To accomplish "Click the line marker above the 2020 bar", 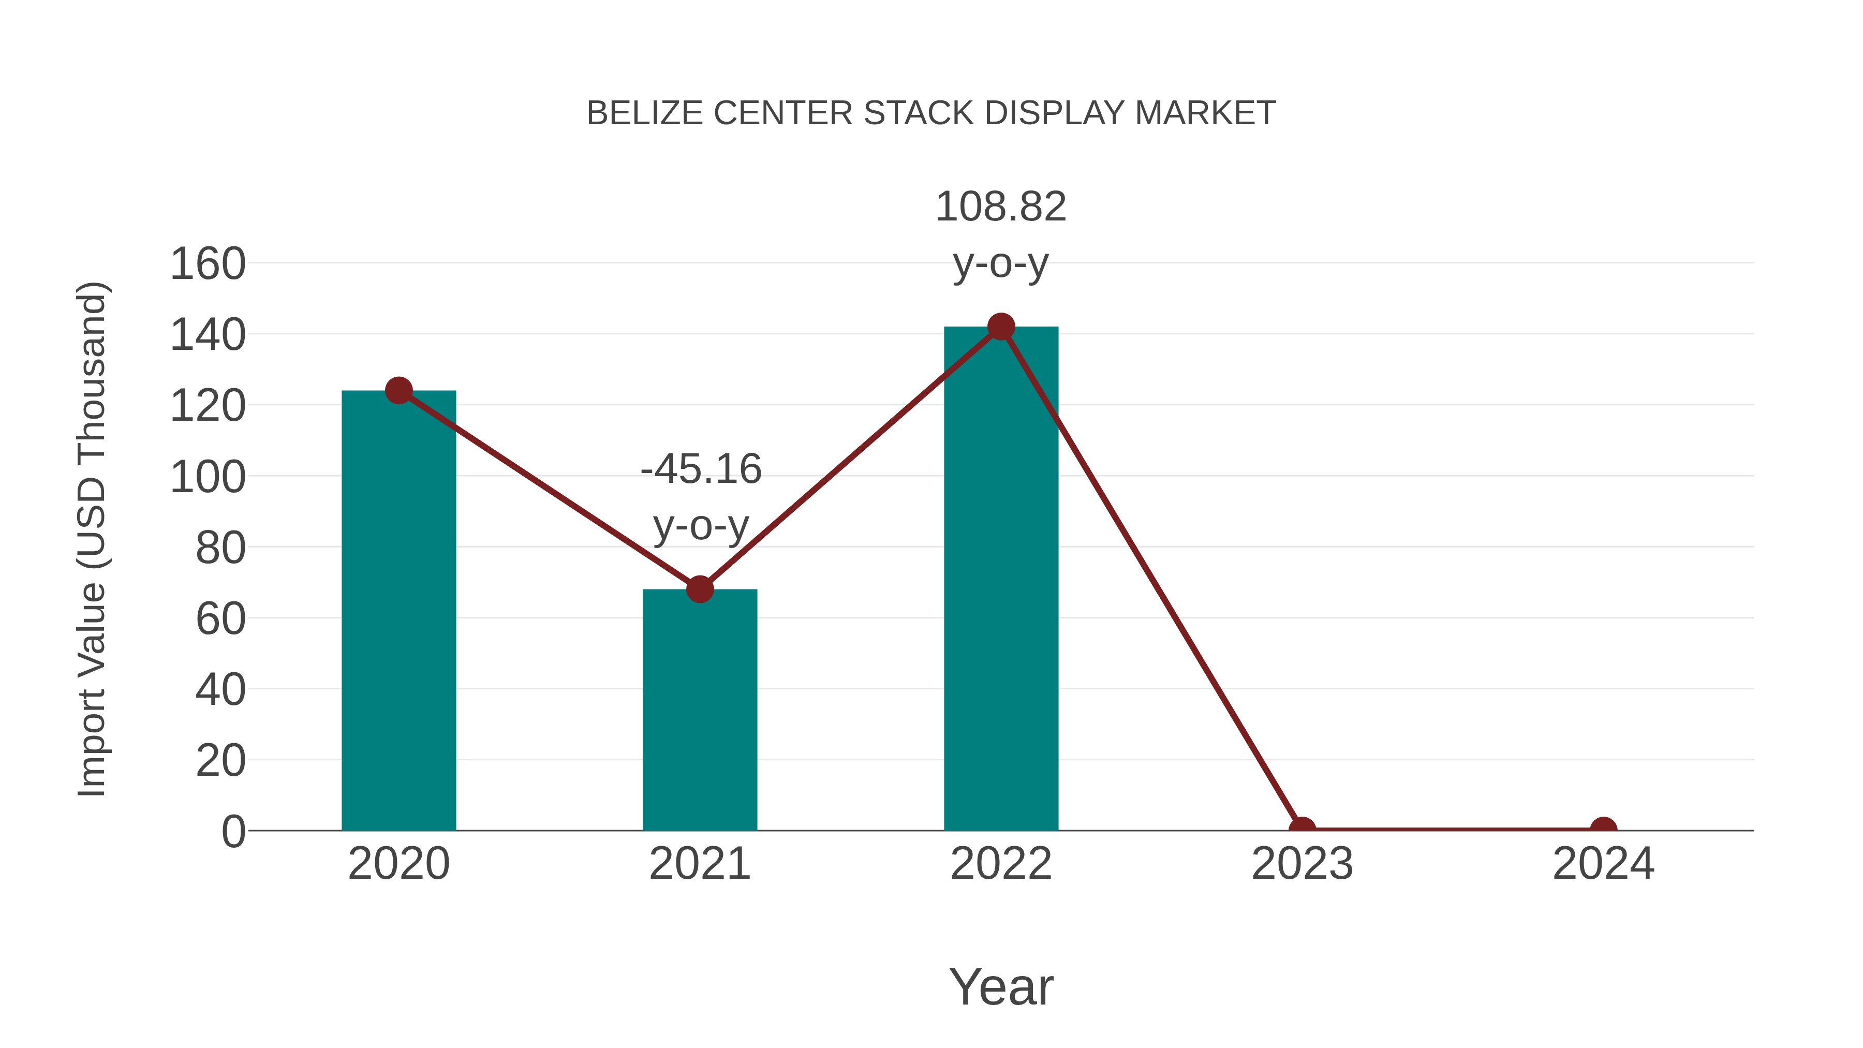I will pos(398,391).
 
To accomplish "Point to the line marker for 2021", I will pos(699,589).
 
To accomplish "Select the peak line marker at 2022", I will pos(1000,327).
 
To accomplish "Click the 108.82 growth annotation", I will pos(1000,207).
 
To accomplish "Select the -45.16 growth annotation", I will pos(701,469).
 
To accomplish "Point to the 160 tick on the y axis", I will pos(208,264).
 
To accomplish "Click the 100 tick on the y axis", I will pos(208,477).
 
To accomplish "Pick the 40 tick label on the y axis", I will pos(220,690).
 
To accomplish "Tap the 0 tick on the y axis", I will pos(233,831).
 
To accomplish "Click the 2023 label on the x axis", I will pos(1302,864).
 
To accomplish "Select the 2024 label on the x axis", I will pos(1603,864).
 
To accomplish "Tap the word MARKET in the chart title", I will pos(1205,113).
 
